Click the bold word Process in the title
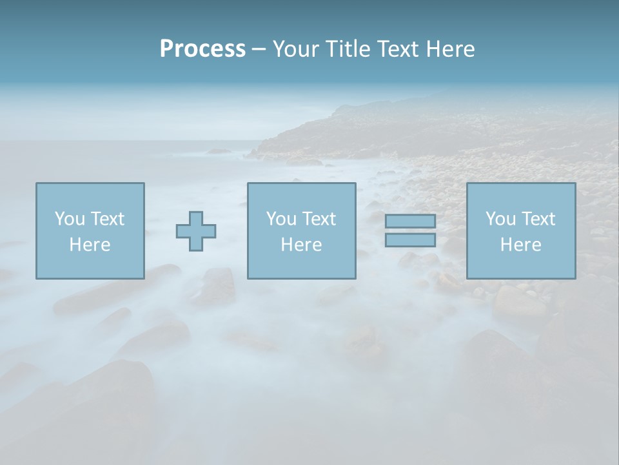click(202, 49)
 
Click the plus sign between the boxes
click(196, 231)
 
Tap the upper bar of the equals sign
click(410, 222)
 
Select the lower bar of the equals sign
click(410, 240)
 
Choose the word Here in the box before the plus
click(90, 245)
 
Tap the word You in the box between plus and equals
click(280, 219)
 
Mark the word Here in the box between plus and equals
click(301, 245)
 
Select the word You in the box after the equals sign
click(500, 219)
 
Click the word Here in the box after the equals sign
click(520, 245)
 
